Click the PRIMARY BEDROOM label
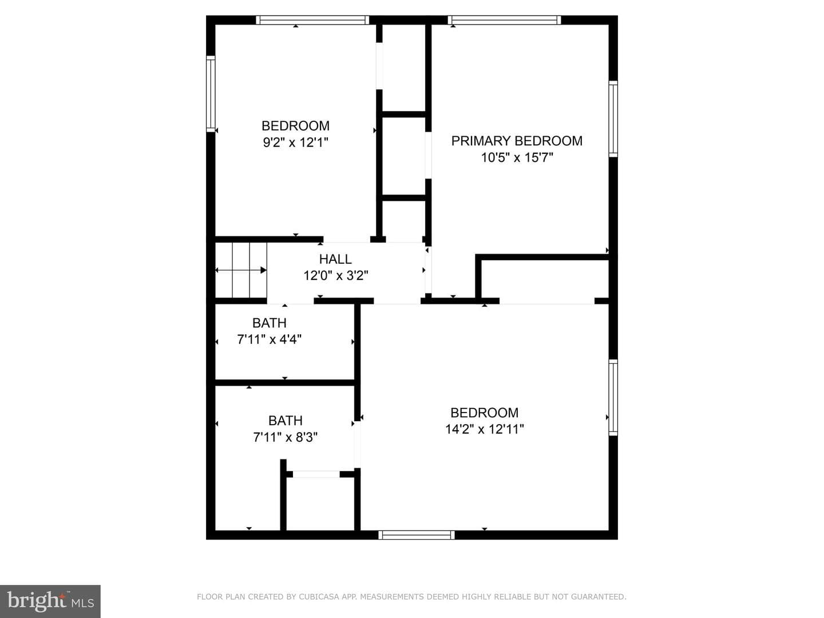pos(517,141)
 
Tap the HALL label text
pos(335,259)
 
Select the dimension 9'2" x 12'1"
pos(295,142)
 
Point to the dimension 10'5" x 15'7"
pos(517,157)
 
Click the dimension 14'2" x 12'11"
pos(484,429)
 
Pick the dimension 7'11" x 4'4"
pos(269,339)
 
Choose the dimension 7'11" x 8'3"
pos(286,437)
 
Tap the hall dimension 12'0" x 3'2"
pos(335,276)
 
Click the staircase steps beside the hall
pos(241,270)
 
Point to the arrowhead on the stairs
pos(264,270)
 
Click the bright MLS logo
pos(50,601)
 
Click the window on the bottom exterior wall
pos(417,534)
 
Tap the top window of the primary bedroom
pos(504,20)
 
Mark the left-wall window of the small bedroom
pos(211,94)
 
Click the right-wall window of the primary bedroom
pos(613,119)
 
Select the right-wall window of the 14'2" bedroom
pos(613,397)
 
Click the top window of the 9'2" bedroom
pos(312,20)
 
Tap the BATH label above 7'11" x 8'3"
pos(286,421)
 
